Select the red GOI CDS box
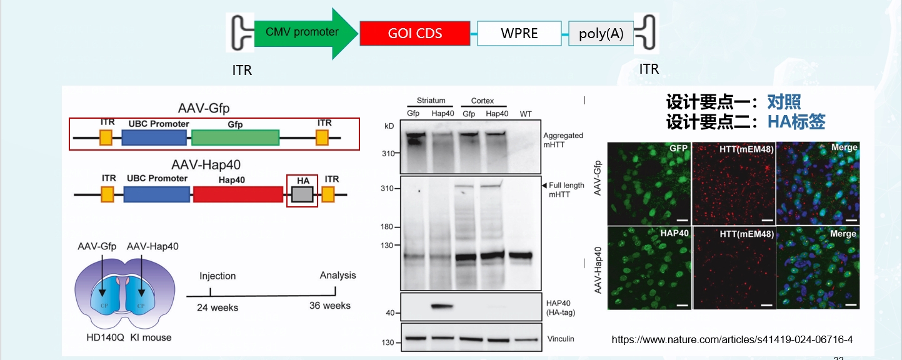414,33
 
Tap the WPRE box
519,33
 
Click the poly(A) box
601,34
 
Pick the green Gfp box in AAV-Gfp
235,137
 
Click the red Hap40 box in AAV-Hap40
238,194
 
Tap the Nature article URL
732,339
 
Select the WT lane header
525,113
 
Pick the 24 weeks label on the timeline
218,307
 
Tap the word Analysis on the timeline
338,275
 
